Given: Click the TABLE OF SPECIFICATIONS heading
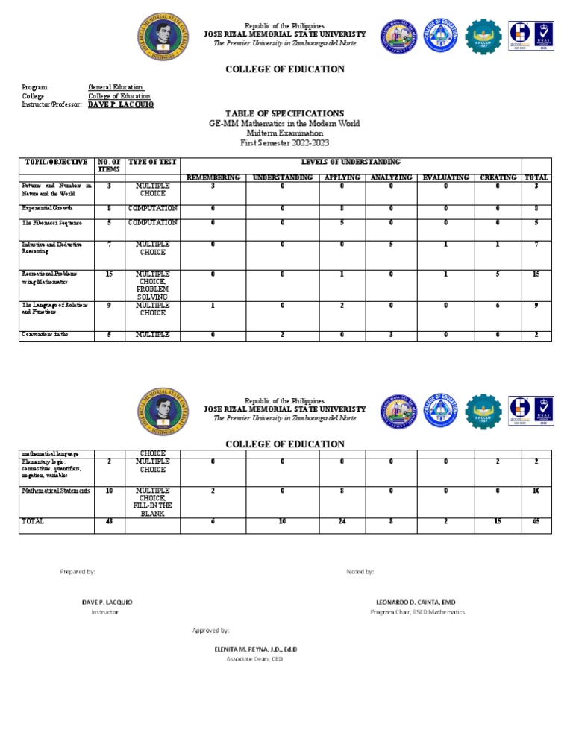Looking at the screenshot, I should point(285,113).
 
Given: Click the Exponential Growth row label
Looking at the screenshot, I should point(48,209).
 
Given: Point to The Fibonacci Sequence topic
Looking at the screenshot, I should point(52,223).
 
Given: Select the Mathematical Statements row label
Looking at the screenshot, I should point(56,491).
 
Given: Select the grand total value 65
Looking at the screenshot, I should point(536,521).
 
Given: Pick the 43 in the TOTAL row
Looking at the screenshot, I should point(110,521).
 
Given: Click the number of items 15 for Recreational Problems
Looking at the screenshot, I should point(110,274).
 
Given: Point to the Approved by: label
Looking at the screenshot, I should point(211,631).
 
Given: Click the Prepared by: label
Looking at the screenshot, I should point(78,571).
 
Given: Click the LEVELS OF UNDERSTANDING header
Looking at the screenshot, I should point(351,162).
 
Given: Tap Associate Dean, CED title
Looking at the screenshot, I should point(255,659).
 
